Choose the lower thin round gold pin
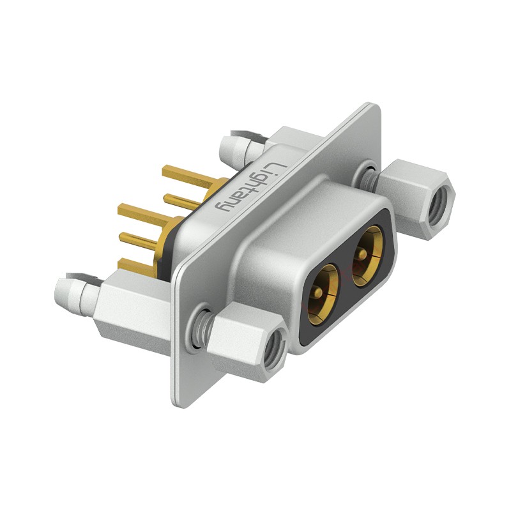[137, 241]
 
